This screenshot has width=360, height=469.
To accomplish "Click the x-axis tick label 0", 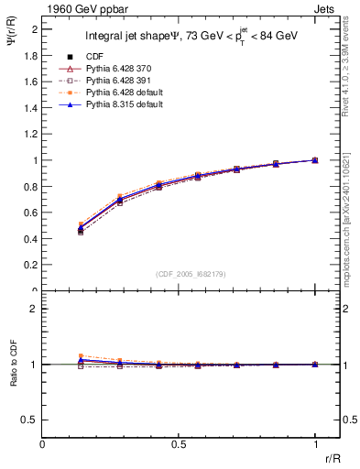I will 43,443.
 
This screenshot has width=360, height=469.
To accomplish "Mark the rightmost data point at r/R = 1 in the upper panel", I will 315,160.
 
